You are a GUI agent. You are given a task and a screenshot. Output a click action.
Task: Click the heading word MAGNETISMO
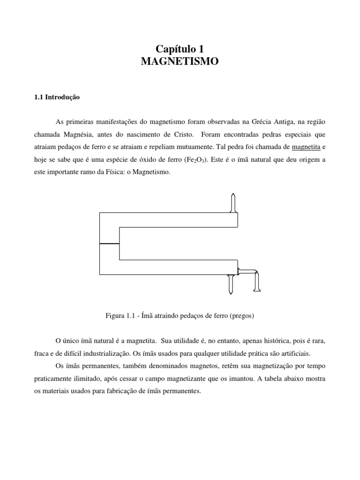click(180, 61)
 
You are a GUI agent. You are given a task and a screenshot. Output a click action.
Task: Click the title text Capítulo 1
click(180, 48)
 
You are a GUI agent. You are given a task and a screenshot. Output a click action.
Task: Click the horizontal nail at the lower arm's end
click(247, 271)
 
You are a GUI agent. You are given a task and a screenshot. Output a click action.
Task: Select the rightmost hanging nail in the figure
click(256, 282)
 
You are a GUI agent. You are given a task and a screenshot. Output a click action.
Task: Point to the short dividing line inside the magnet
click(110, 243)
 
